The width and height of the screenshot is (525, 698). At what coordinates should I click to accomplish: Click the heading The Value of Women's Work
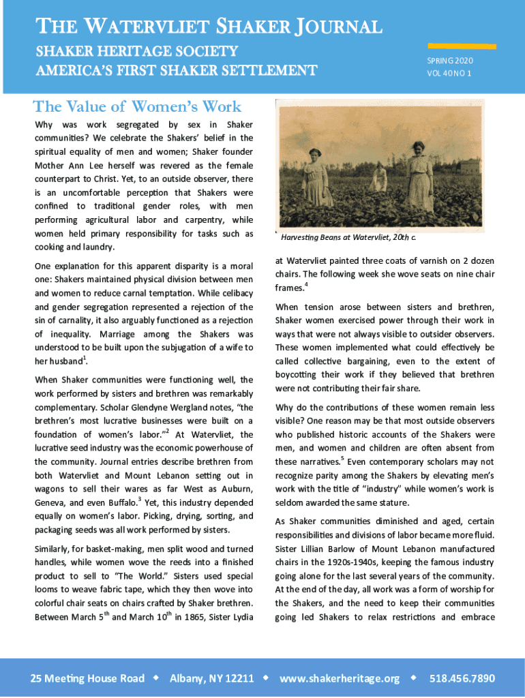(x=137, y=106)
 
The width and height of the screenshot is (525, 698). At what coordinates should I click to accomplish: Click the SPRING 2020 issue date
(x=450, y=61)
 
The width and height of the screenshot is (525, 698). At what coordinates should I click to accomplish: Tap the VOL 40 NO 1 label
(x=449, y=74)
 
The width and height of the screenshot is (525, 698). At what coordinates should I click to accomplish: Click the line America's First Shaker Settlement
(x=176, y=71)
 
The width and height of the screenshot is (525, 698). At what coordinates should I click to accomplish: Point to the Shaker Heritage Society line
(x=136, y=51)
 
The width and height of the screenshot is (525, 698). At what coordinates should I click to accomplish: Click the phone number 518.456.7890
(x=462, y=678)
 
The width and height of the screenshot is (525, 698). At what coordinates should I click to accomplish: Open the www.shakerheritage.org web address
(x=340, y=678)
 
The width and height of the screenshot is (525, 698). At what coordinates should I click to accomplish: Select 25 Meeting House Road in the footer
(x=87, y=678)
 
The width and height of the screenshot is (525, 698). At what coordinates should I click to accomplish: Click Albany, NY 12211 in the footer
(x=211, y=678)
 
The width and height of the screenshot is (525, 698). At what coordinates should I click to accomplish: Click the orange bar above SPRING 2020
(x=451, y=46)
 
